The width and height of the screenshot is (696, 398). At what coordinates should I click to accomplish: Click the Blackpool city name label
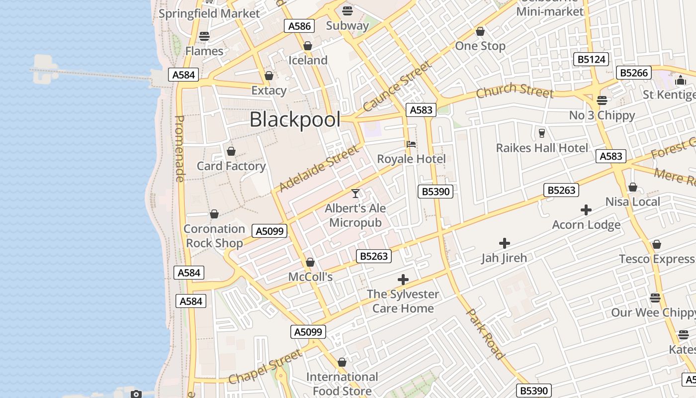click(x=295, y=120)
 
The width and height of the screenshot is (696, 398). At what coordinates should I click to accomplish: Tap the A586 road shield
click(x=299, y=26)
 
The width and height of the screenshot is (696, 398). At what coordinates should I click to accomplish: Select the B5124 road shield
click(x=591, y=60)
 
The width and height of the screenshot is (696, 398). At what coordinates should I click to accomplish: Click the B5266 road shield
click(x=634, y=73)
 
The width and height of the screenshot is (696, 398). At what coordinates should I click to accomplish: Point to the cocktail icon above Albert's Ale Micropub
click(x=355, y=193)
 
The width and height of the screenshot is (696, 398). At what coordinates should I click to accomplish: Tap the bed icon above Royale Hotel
click(x=411, y=144)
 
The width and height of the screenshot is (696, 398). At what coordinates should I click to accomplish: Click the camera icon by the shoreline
click(x=136, y=394)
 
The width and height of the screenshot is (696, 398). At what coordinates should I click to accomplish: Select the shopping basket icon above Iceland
click(x=308, y=46)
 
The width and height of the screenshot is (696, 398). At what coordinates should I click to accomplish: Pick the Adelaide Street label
click(x=319, y=168)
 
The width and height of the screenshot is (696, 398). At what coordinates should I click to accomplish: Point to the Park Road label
click(x=486, y=333)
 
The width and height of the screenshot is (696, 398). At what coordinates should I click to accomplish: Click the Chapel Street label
click(x=265, y=367)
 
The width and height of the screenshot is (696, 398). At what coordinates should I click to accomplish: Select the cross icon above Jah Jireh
click(x=504, y=243)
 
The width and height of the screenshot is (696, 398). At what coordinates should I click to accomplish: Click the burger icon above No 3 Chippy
click(x=602, y=100)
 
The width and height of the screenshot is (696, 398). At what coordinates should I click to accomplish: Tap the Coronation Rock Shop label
click(x=214, y=236)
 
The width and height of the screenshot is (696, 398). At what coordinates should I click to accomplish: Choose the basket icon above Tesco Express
click(x=657, y=245)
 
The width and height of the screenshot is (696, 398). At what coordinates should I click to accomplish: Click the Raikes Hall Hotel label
click(x=542, y=148)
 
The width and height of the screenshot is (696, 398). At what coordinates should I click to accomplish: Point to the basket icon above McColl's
click(x=310, y=262)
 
